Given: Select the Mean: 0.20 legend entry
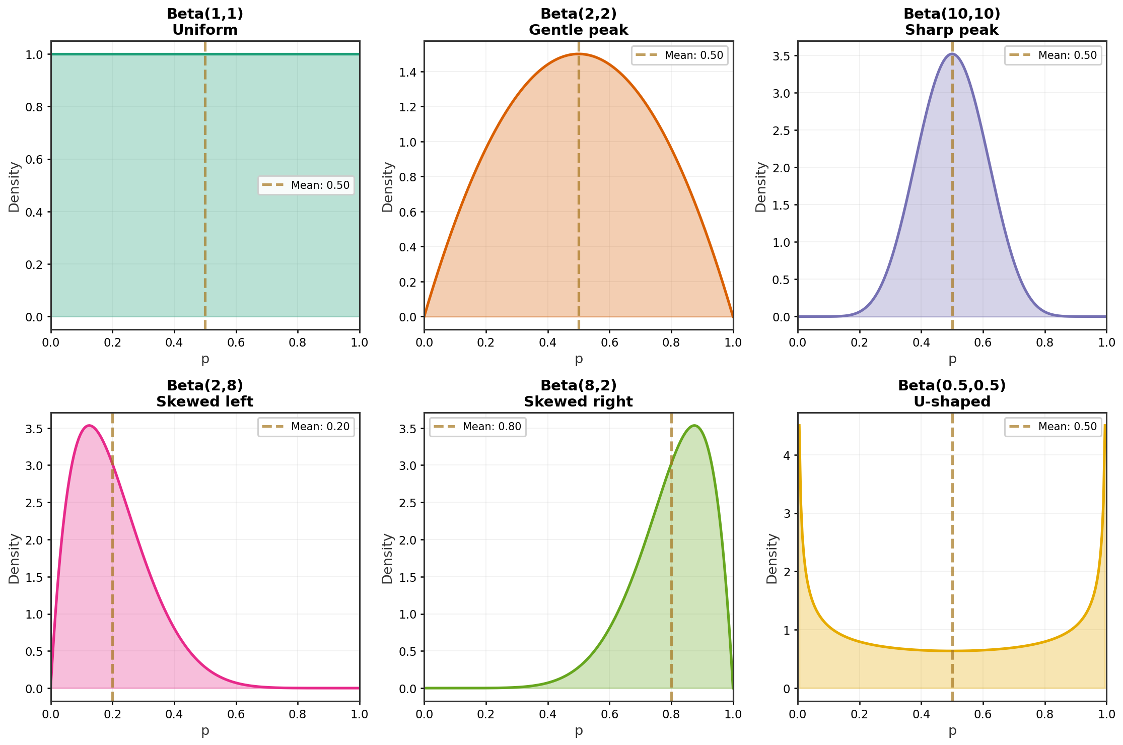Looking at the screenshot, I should [x=306, y=427].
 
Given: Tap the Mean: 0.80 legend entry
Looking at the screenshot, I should [x=478, y=427].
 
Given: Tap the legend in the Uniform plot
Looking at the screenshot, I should [x=306, y=185].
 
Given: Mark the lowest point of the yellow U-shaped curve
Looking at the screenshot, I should [x=952, y=651].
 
